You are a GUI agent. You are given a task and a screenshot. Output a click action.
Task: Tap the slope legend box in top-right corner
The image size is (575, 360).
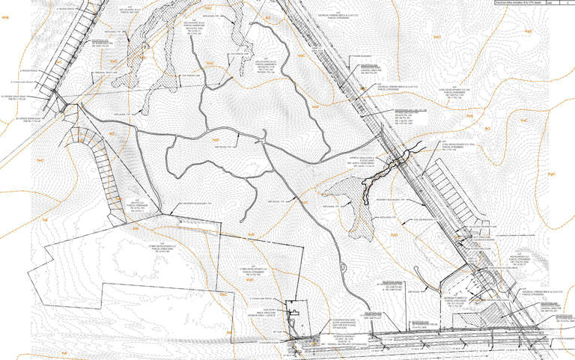(x=532, y=4)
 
